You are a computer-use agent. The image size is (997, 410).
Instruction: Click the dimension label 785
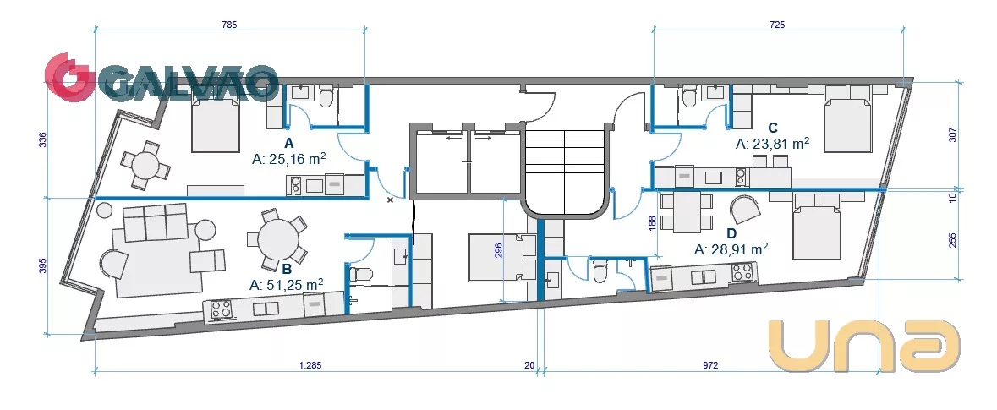[229, 25]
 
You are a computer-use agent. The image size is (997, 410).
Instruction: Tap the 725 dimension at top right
[777, 25]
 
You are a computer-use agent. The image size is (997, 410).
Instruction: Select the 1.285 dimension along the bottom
[310, 365]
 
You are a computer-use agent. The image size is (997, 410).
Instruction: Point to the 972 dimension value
[710, 365]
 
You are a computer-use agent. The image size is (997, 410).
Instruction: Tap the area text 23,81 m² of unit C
[779, 144]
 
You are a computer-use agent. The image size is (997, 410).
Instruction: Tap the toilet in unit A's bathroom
[326, 96]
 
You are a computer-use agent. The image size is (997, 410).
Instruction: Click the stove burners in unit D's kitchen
[742, 273]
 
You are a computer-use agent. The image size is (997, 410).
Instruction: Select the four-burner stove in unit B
[221, 309]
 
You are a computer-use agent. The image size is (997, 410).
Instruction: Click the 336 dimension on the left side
[43, 139]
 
